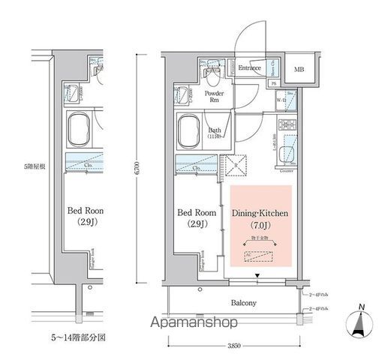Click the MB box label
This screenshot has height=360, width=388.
coord(299,70)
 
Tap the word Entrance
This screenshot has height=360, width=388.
coord(249,68)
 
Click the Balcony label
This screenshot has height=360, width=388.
coord(243,303)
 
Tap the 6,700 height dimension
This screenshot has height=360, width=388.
coord(137,169)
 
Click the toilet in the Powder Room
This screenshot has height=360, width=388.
coord(212,74)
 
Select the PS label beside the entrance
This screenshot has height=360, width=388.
coord(274,83)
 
